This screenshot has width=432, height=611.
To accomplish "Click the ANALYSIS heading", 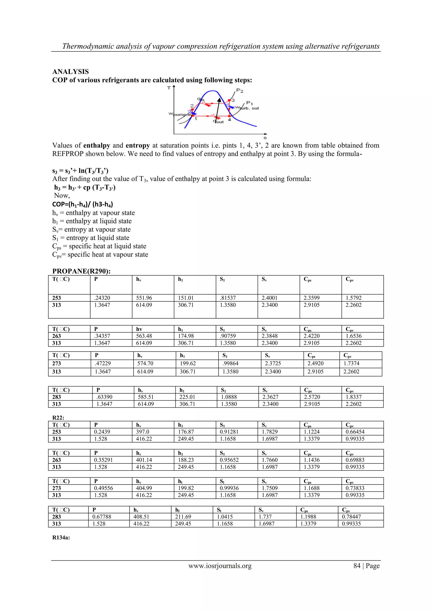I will pyautogui.click(x=70, y=72).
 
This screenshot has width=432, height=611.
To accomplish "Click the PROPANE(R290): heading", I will pyautogui.click(x=81, y=271).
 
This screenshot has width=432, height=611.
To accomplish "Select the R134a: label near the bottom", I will pyautogui.click(x=61, y=537).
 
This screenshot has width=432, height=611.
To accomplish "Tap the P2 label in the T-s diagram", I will pyautogui.click(x=240, y=91).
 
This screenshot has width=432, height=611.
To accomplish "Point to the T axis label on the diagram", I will pyautogui.click(x=169, y=88).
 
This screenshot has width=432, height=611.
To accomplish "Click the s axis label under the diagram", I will pyautogui.click(x=265, y=138).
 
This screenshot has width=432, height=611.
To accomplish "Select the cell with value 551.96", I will pyautogui.click(x=144, y=298).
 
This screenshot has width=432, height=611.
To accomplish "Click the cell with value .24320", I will pyautogui.click(x=102, y=298).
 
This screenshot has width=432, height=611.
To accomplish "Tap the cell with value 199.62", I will pyautogui.click(x=188, y=363).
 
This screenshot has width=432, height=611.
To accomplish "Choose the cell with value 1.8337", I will pyautogui.click(x=354, y=397).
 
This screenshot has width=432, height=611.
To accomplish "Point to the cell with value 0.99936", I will pyautogui.click(x=229, y=488).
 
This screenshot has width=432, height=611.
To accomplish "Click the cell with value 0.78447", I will pyautogui.click(x=351, y=516).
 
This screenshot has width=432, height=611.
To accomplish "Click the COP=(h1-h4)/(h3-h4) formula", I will pyautogui.click(x=82, y=204).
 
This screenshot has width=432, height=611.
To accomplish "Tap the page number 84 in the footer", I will pyautogui.click(x=357, y=566).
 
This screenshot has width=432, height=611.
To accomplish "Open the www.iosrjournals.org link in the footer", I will pyautogui.click(x=220, y=566).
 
